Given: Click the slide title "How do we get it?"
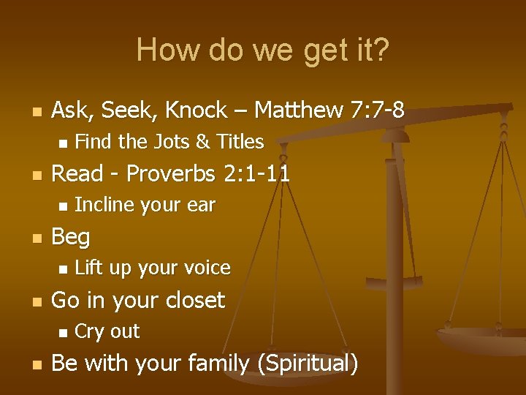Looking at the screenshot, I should (263, 50).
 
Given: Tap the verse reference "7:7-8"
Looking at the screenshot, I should (377, 110).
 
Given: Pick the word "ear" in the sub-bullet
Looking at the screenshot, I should (201, 206).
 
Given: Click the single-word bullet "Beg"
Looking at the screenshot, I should (71, 237).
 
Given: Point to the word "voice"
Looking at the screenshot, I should (207, 268).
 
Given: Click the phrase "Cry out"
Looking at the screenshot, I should (107, 331).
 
